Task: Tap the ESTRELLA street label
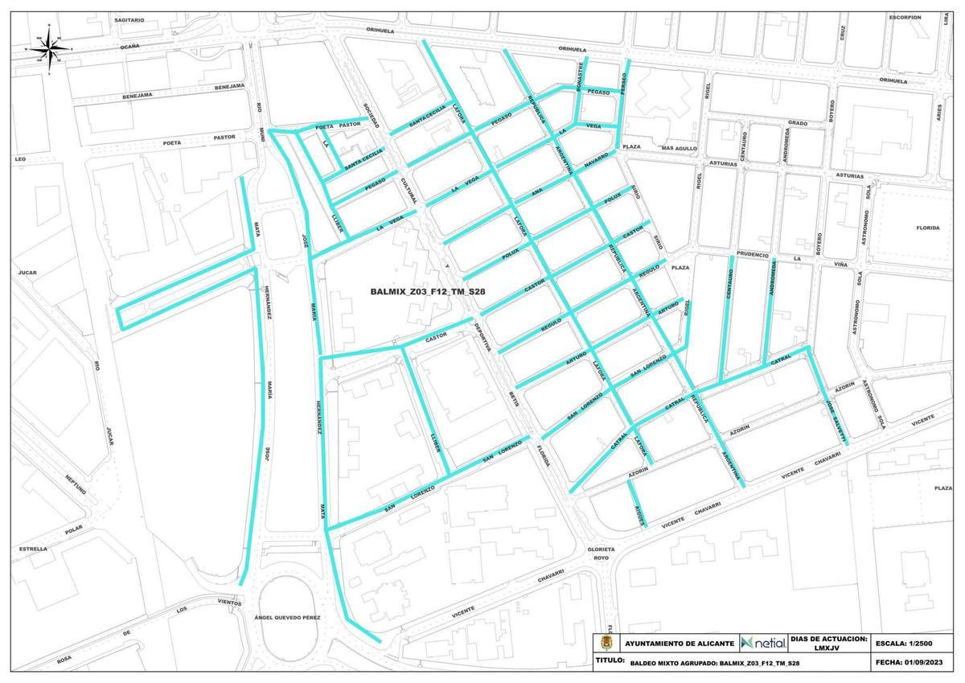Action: [x=33, y=549]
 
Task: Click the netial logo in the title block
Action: [x=763, y=643]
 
